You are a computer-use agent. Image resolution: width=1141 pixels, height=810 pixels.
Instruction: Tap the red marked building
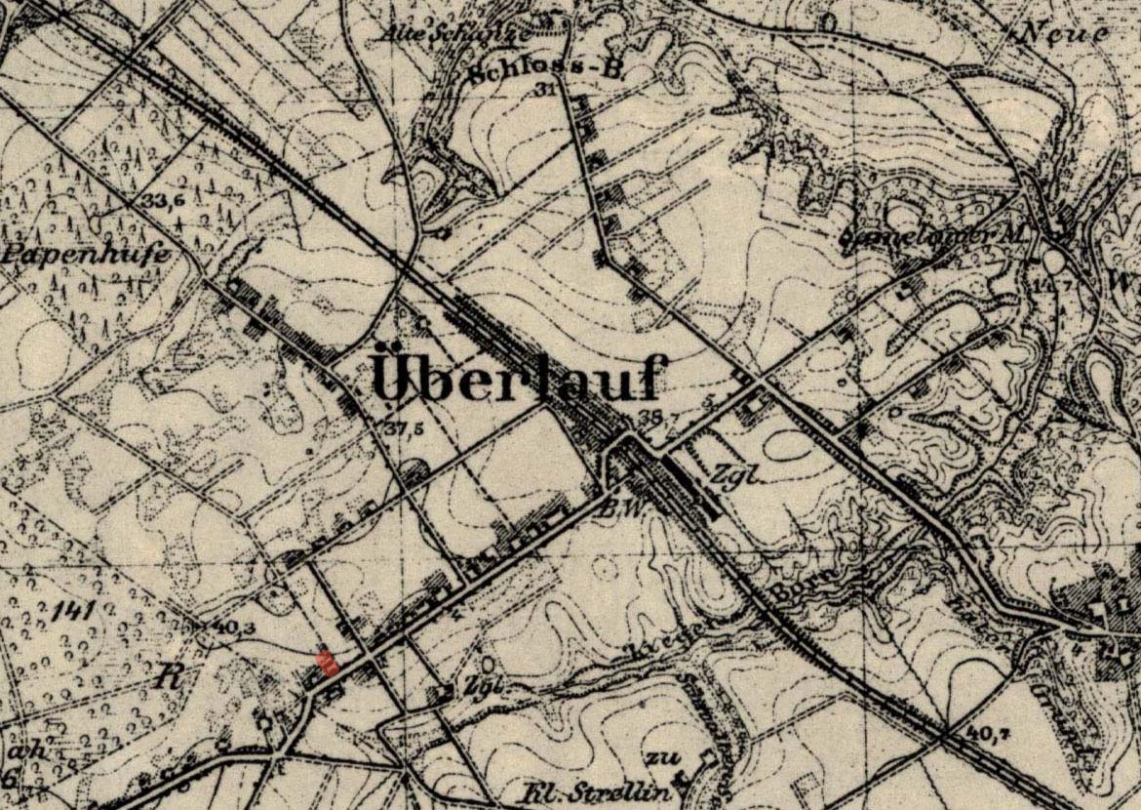(x=330, y=665)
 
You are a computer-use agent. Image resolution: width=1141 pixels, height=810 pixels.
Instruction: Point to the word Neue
(x=1065, y=32)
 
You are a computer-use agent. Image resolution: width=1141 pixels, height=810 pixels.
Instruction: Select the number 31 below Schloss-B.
(x=545, y=90)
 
